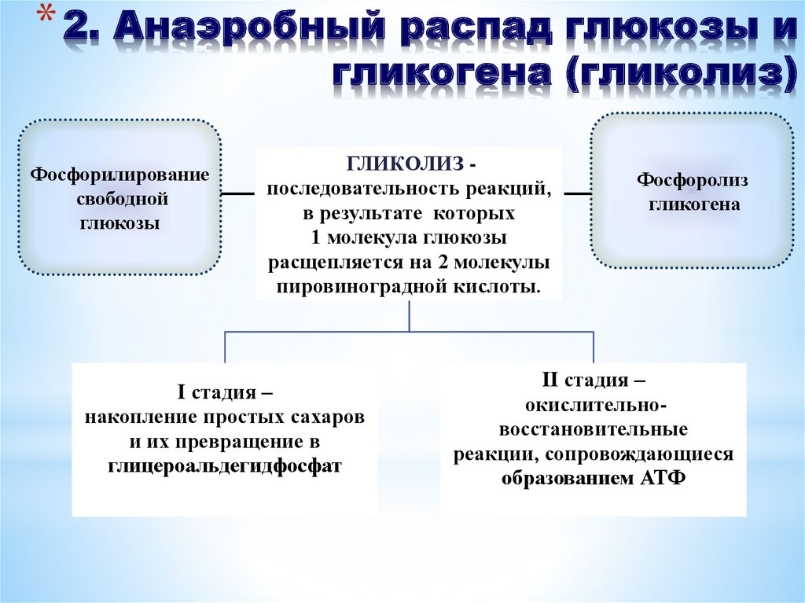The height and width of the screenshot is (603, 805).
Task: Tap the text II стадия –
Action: (x=594, y=381)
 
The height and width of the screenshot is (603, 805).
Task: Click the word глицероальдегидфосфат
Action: (x=225, y=465)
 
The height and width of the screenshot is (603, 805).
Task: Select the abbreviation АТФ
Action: (x=660, y=479)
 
